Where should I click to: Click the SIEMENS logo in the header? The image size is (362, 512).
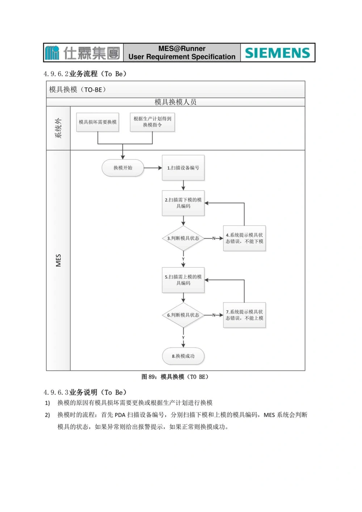(278, 53)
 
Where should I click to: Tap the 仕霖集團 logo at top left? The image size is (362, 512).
(83, 53)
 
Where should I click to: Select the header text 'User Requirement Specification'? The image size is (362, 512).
(182, 57)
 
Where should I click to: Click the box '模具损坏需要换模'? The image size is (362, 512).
(98, 122)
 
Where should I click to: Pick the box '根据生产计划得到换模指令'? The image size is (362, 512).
(152, 122)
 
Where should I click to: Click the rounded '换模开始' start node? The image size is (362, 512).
(123, 168)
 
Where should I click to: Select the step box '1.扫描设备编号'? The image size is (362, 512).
(183, 168)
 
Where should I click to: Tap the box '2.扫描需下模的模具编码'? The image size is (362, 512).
(183, 203)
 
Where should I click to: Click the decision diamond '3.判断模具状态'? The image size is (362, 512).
(183, 238)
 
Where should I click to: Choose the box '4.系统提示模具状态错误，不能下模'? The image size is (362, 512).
(244, 238)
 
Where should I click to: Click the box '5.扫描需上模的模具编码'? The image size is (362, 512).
(183, 280)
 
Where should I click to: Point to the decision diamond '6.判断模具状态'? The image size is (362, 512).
(183, 315)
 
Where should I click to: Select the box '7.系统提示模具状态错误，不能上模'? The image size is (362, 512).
(244, 315)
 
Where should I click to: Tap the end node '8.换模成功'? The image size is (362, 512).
(183, 356)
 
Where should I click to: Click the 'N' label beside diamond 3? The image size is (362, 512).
(214, 238)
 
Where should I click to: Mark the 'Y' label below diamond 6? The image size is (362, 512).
(183, 338)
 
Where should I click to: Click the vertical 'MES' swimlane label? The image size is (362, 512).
(58, 260)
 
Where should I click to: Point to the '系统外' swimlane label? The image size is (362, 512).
(58, 128)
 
